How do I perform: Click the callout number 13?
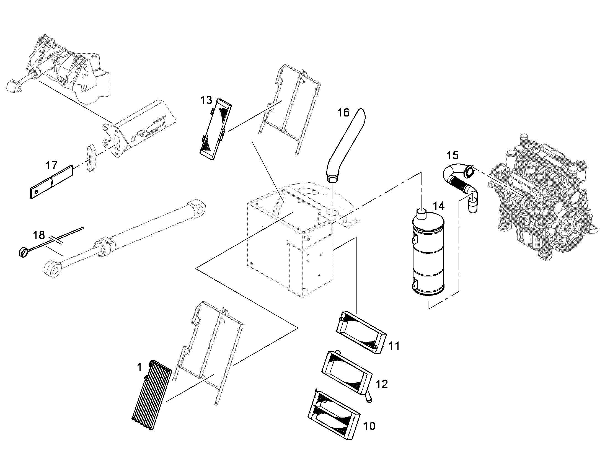point(206,100)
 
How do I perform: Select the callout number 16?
point(343,113)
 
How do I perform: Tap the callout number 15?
point(453,156)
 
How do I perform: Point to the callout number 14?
point(439,206)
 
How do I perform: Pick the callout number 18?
point(39,235)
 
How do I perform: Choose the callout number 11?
point(394,346)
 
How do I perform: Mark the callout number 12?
point(382,384)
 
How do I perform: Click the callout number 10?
point(369,426)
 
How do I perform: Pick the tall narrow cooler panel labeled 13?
point(216,129)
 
